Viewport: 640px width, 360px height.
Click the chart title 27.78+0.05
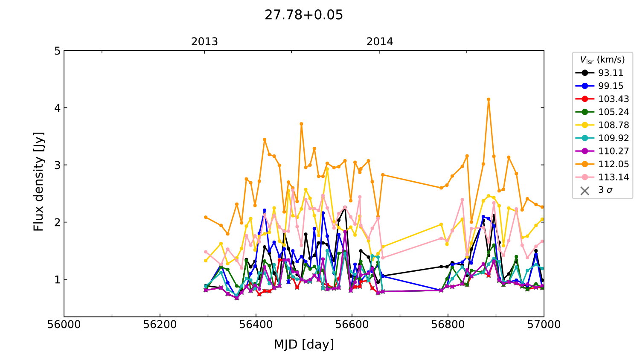pyautogui.click(x=304, y=15)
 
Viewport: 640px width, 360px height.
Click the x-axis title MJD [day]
pyautogui.click(x=304, y=344)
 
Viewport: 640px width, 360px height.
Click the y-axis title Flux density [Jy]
pyautogui.click(x=39, y=182)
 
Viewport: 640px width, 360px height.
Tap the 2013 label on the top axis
pyautogui.click(x=204, y=42)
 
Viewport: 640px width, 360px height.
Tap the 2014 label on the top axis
pyautogui.click(x=380, y=42)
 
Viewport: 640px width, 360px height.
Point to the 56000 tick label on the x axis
pyautogui.click(x=64, y=325)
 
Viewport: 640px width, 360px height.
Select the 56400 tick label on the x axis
pyautogui.click(x=256, y=325)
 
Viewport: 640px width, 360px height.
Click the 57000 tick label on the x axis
pyautogui.click(x=544, y=325)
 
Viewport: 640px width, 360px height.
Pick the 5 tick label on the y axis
pyautogui.click(x=57, y=51)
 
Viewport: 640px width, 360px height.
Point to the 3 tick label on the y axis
pyautogui.click(x=57, y=165)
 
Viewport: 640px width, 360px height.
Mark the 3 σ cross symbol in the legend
pyautogui.click(x=585, y=191)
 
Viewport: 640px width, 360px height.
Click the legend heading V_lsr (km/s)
pyautogui.click(x=602, y=60)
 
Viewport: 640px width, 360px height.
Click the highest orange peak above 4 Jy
pyautogui.click(x=489, y=99)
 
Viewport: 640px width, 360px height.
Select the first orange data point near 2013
pyautogui.click(x=206, y=217)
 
